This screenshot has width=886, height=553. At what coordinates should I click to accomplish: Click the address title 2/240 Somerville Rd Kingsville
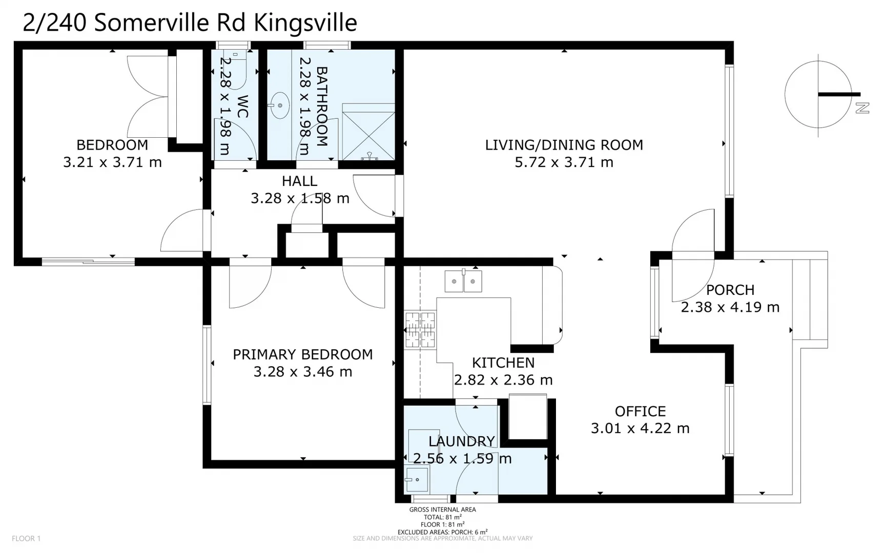pyautogui.click(x=190, y=23)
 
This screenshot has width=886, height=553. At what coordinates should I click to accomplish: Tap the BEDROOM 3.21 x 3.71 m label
pyautogui.click(x=112, y=154)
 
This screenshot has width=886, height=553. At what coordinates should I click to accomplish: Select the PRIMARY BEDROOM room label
pyautogui.click(x=302, y=363)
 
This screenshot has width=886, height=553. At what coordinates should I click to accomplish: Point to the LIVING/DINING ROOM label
pyautogui.click(x=564, y=153)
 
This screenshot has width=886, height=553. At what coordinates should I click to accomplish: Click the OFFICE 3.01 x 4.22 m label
pyautogui.click(x=640, y=419)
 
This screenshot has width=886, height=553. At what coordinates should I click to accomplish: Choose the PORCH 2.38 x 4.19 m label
pyautogui.click(x=730, y=299)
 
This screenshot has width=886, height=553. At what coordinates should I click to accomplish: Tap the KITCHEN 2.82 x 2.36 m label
pyautogui.click(x=503, y=371)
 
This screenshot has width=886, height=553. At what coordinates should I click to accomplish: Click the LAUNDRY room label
pyautogui.click(x=462, y=450)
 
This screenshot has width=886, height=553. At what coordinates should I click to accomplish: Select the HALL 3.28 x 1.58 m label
pyautogui.click(x=300, y=189)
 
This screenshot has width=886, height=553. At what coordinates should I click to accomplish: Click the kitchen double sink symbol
pyautogui.click(x=463, y=281)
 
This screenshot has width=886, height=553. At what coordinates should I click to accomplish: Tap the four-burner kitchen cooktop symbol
pyautogui.click(x=420, y=330)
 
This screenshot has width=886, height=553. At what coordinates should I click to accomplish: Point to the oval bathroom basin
pyautogui.click(x=280, y=105)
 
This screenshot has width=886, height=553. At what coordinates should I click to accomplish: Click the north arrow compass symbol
pyautogui.click(x=818, y=94)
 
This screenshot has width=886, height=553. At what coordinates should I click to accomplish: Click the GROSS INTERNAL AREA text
pyautogui.click(x=442, y=509)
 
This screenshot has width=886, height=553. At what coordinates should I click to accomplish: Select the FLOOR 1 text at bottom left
pyautogui.click(x=26, y=538)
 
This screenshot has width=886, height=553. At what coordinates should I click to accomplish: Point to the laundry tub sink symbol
pyautogui.click(x=417, y=480)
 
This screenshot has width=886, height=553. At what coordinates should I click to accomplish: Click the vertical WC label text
pyautogui.click(x=242, y=106)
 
